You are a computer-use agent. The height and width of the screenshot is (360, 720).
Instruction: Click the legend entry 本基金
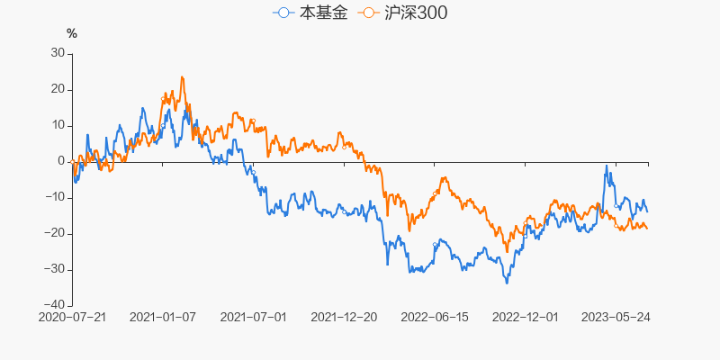point(310,13)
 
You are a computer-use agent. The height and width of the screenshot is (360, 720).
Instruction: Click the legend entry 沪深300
point(401,13)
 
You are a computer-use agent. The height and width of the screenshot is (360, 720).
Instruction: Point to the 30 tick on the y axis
point(58,53)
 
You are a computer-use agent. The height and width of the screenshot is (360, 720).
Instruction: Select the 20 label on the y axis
point(58,89)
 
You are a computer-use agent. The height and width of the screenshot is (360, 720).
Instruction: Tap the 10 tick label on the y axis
point(58,125)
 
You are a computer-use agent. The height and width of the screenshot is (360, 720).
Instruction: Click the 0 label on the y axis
point(61,161)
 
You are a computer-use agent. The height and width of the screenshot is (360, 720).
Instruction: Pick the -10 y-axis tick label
point(54,197)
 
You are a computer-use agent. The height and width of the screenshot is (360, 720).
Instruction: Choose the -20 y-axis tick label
point(54,233)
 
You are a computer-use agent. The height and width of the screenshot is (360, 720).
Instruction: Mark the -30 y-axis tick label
point(54,269)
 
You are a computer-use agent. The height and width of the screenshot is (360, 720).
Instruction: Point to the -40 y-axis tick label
point(54,305)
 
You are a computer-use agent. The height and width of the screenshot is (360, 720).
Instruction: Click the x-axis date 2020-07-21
point(72,318)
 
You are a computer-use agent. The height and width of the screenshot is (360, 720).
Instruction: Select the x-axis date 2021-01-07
point(163,318)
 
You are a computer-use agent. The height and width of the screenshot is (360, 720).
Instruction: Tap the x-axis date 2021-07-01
point(254,318)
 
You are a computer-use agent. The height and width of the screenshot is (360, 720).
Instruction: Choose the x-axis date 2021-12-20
point(345,318)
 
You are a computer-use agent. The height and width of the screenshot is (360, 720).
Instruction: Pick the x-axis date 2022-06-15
point(436,318)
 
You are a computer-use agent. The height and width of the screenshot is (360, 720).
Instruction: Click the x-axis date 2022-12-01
point(526,318)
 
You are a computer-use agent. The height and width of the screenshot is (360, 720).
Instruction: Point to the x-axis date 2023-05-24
point(616,318)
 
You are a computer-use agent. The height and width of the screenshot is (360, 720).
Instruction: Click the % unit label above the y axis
point(72,33)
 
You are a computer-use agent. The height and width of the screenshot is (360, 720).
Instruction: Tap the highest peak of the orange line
point(182,77)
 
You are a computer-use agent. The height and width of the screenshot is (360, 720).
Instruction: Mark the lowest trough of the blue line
point(507,283)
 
